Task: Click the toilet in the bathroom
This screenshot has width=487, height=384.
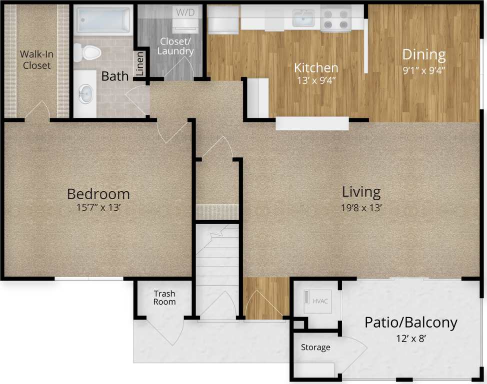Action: pos(90,51)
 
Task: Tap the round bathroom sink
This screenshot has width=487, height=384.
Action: pos(86,93)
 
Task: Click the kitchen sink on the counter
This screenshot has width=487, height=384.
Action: pos(304,19)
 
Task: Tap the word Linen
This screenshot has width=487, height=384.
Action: pos(140,65)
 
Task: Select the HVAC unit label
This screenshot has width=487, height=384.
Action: pos(319,301)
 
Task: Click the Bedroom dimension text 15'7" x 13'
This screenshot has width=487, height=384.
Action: pos(98,208)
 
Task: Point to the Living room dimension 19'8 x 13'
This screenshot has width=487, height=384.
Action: pos(361,207)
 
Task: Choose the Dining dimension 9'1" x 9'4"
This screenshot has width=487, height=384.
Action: pos(424,70)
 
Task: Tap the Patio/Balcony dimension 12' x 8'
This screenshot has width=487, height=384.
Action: pos(410,339)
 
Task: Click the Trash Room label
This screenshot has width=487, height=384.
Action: pos(164,298)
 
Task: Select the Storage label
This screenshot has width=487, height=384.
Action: pos(315,347)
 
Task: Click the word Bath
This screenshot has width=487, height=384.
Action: pos(115,76)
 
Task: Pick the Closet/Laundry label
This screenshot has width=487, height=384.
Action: pos(176,46)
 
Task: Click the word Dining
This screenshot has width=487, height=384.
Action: pos(424,54)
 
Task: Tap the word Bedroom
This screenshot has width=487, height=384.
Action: pos(98,194)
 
